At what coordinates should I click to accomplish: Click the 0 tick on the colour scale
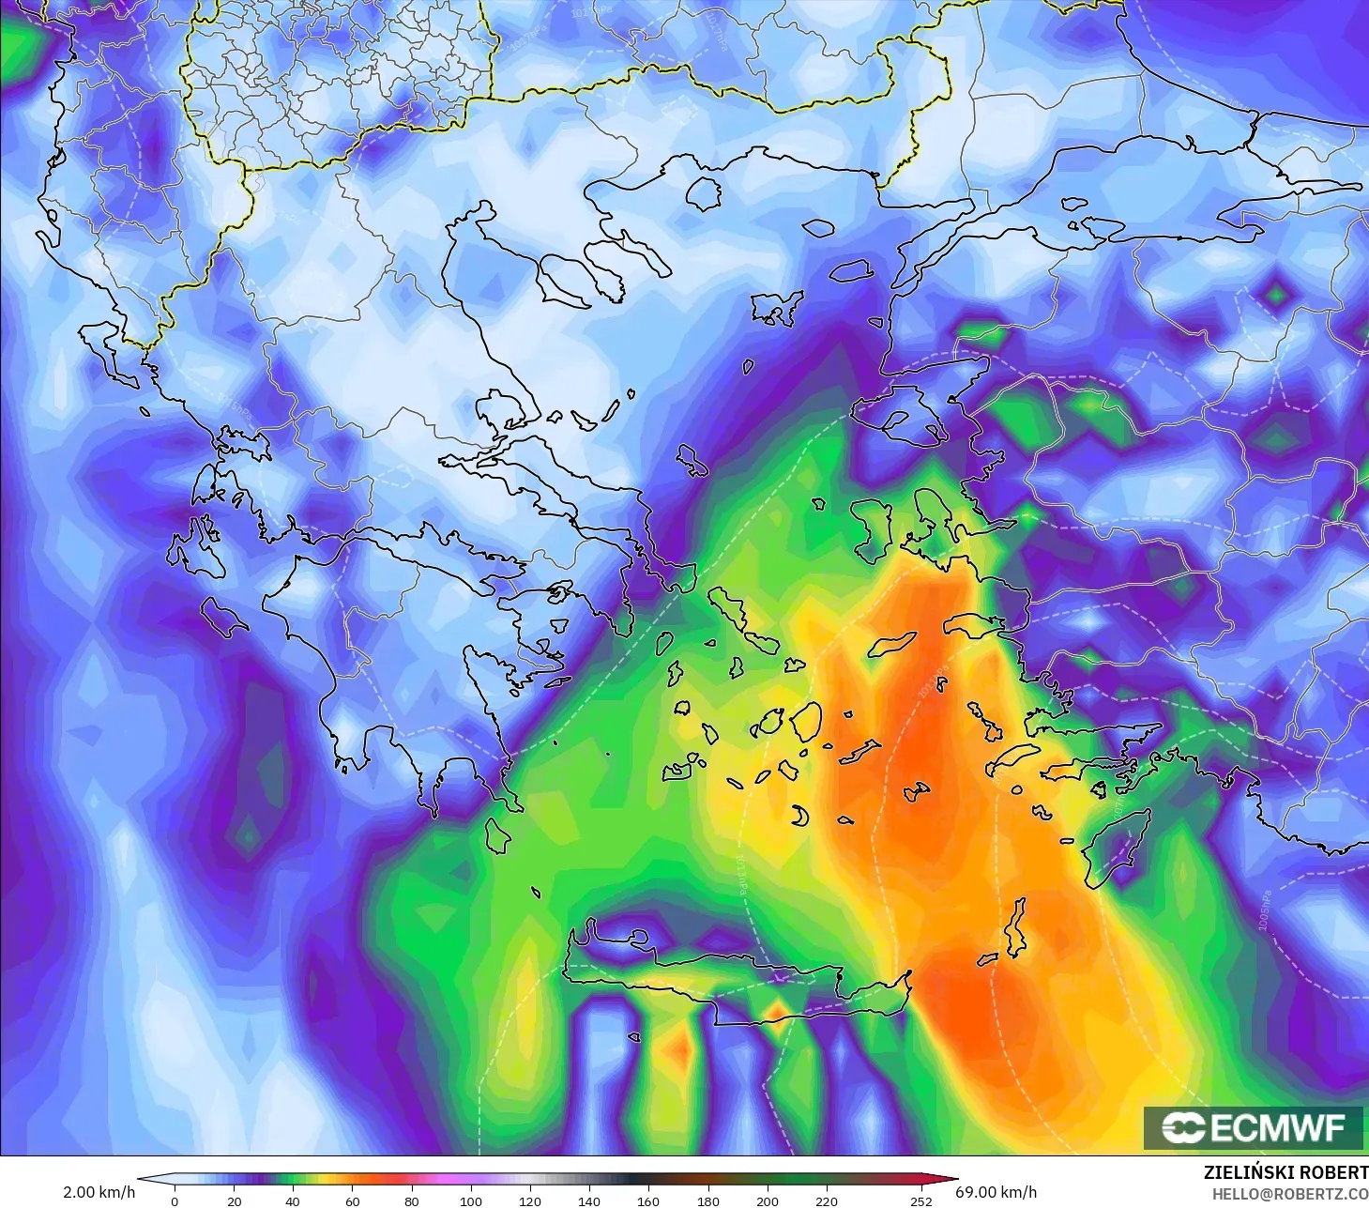click(175, 1200)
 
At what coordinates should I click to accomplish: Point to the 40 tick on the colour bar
click(293, 1200)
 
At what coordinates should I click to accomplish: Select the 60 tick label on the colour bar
click(352, 1200)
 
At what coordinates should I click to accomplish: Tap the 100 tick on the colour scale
click(471, 1200)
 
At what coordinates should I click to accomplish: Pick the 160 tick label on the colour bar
click(648, 1200)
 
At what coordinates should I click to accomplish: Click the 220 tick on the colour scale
click(827, 1200)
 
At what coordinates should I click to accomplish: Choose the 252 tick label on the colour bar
click(921, 1200)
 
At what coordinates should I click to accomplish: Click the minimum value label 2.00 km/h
click(99, 1192)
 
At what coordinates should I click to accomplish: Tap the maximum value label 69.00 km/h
click(996, 1192)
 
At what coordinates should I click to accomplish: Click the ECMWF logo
click(1254, 1127)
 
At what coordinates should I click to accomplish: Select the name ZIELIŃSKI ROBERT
click(1285, 1172)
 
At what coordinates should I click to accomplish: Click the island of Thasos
click(703, 193)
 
